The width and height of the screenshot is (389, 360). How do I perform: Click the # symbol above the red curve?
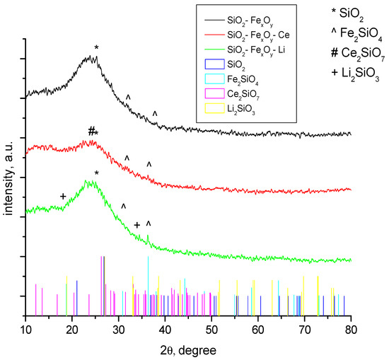point(91,131)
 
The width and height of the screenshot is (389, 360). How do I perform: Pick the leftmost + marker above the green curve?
point(63,196)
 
